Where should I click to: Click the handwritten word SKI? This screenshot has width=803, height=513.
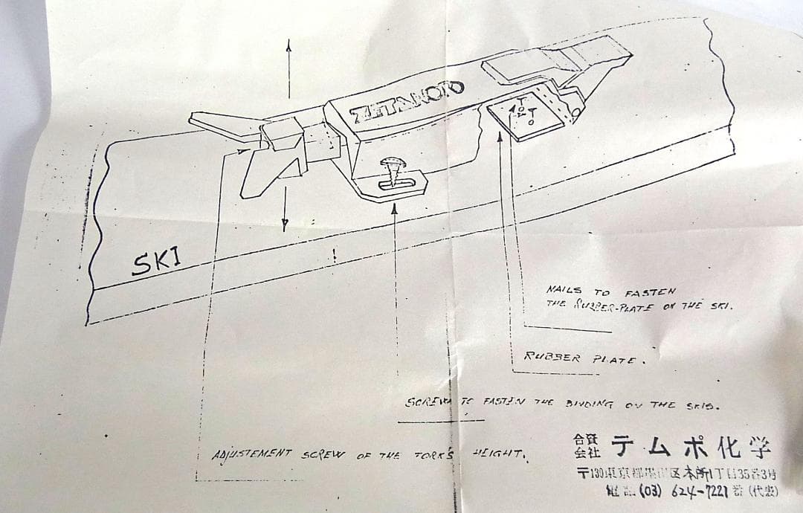click(158, 262)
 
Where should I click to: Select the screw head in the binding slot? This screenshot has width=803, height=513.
click(392, 163)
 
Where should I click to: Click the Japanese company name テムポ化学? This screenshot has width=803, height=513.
click(691, 446)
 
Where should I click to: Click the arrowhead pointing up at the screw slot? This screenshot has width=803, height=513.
click(395, 211)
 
